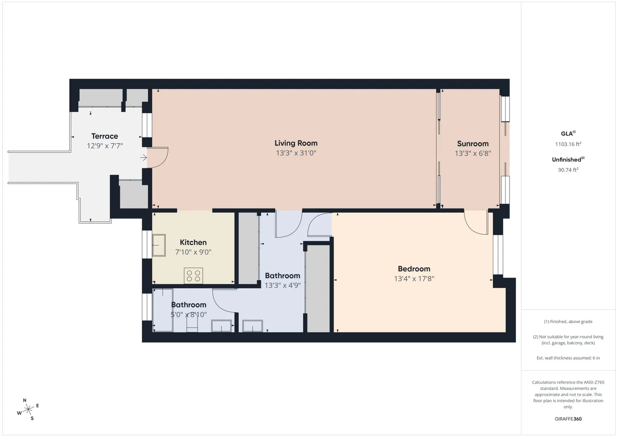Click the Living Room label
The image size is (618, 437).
click(x=296, y=143)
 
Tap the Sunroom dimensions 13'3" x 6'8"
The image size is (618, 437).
click(x=473, y=153)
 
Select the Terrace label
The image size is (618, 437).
click(x=104, y=136)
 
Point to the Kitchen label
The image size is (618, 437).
click(x=193, y=242)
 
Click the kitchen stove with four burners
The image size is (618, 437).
click(x=193, y=276)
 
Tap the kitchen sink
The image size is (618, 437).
click(x=159, y=245)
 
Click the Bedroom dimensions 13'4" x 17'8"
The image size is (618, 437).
click(x=414, y=279)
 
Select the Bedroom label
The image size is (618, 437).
click(x=414, y=269)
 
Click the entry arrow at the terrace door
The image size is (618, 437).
click(x=143, y=157)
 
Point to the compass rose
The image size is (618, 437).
click(x=28, y=409)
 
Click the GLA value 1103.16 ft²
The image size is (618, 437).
click(x=568, y=144)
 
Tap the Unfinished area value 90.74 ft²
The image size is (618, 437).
click(x=568, y=170)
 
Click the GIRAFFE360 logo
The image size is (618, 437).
click(x=568, y=419)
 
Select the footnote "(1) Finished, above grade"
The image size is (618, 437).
click(x=568, y=321)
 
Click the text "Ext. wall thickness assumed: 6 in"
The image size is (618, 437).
click(x=568, y=358)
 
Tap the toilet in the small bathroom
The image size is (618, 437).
click(x=192, y=324)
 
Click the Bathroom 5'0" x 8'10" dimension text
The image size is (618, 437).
click(x=189, y=314)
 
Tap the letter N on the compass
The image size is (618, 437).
click(x=25, y=400)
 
